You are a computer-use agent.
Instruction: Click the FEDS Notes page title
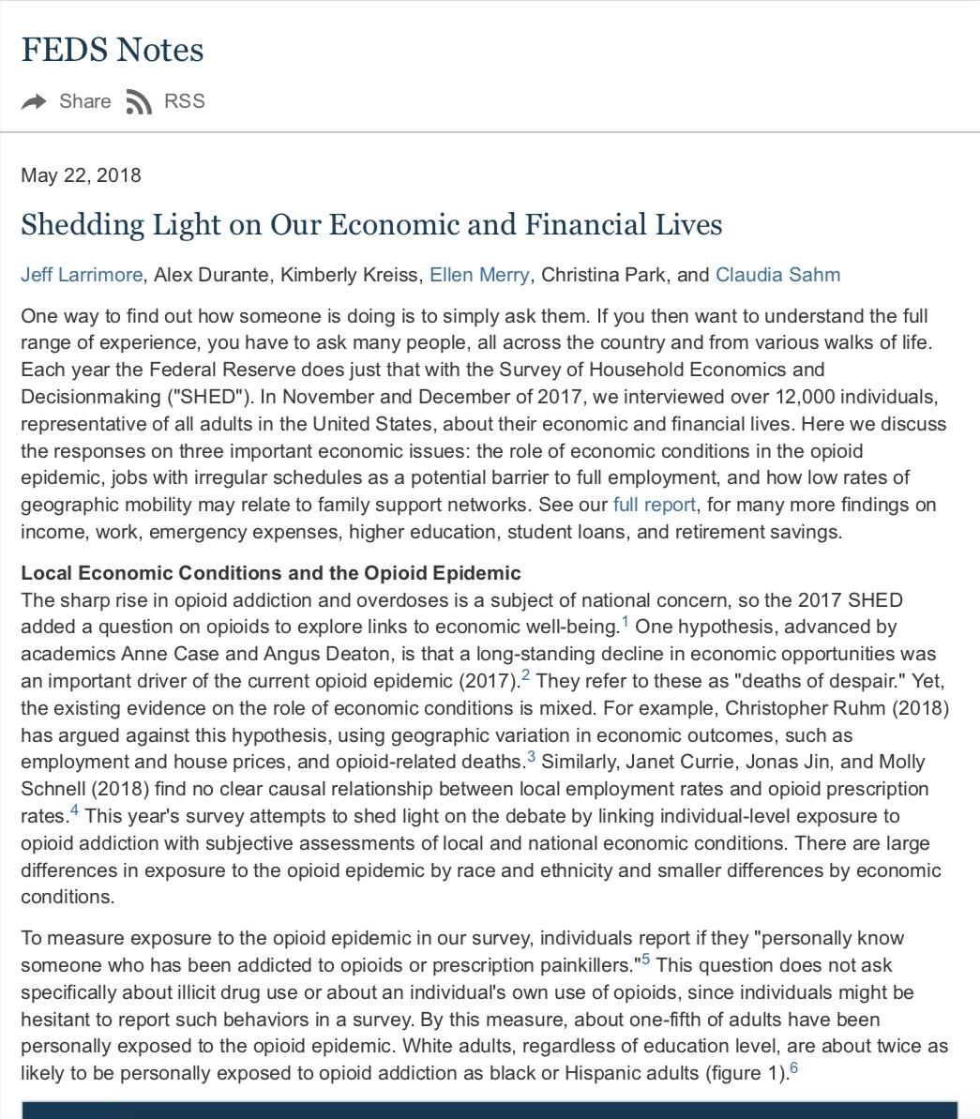[x=113, y=50]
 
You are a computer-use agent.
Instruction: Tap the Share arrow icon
[x=34, y=102]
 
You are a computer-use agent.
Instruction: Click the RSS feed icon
[x=138, y=102]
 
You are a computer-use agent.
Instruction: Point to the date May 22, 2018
[x=81, y=175]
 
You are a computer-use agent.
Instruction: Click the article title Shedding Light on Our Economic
[x=371, y=225]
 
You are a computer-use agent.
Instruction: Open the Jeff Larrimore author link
[x=82, y=275]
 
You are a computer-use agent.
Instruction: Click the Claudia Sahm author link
[x=777, y=275]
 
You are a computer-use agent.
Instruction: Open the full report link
[x=654, y=505]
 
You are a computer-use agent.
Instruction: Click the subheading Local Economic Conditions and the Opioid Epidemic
[x=270, y=573]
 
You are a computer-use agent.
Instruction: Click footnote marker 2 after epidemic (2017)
[x=525, y=675]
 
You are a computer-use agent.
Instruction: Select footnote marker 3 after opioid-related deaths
[x=531, y=757]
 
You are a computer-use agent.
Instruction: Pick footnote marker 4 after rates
[x=74, y=811]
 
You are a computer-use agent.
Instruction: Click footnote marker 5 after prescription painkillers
[x=646, y=960]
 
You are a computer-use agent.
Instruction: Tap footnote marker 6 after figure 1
[x=793, y=1068]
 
